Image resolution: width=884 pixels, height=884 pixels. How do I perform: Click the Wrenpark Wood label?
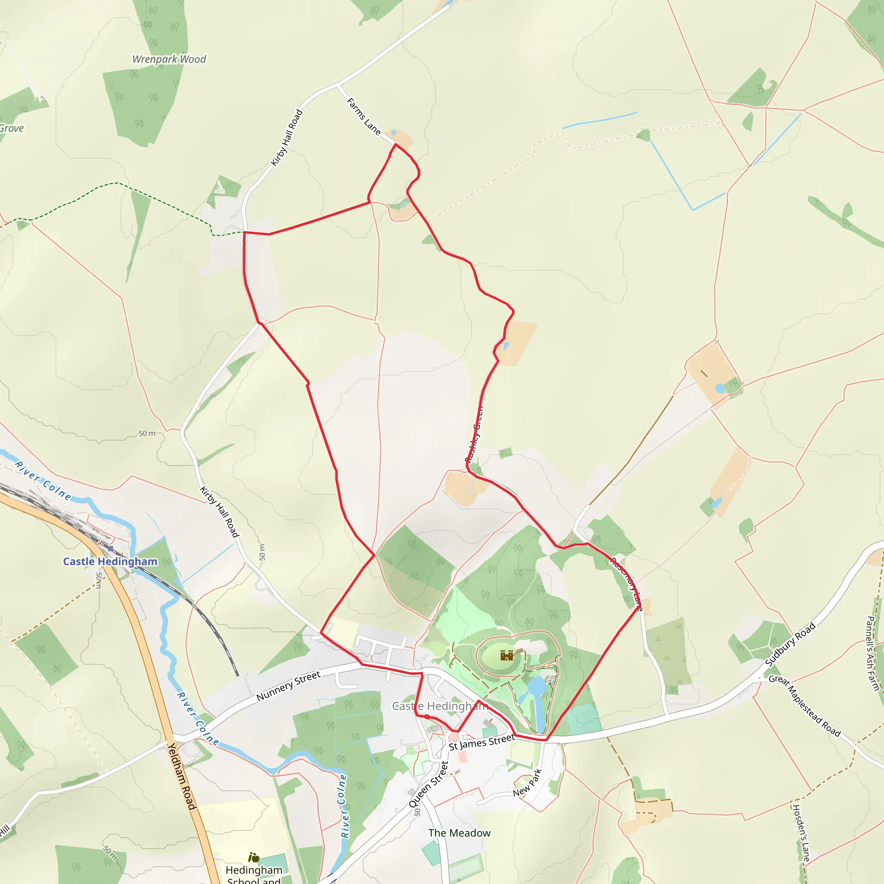click(169, 59)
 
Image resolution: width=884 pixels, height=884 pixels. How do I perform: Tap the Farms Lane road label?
click(364, 116)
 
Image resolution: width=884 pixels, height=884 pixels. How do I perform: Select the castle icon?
click(506, 655)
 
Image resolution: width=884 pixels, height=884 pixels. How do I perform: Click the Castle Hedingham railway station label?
click(110, 562)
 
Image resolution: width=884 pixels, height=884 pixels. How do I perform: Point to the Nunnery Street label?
click(288, 686)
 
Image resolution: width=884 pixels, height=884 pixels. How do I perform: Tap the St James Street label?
click(481, 742)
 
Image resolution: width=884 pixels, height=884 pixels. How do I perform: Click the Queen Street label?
click(429, 784)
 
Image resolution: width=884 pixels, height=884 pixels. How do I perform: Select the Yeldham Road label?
click(182, 776)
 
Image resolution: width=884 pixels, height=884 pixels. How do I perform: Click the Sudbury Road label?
click(790, 644)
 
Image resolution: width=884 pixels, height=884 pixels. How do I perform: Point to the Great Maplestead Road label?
click(805, 707)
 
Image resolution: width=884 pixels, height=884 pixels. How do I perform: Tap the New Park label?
click(527, 783)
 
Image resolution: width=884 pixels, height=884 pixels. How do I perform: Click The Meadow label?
click(459, 833)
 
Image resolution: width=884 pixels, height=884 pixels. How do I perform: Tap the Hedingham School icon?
click(253, 856)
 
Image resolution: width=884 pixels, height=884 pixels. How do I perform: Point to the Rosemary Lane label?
click(627, 584)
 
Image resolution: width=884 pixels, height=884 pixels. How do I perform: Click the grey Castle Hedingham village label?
click(439, 706)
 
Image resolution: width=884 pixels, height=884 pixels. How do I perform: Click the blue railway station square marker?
click(110, 548)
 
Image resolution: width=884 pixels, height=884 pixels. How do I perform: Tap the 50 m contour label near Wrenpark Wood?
click(147, 433)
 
